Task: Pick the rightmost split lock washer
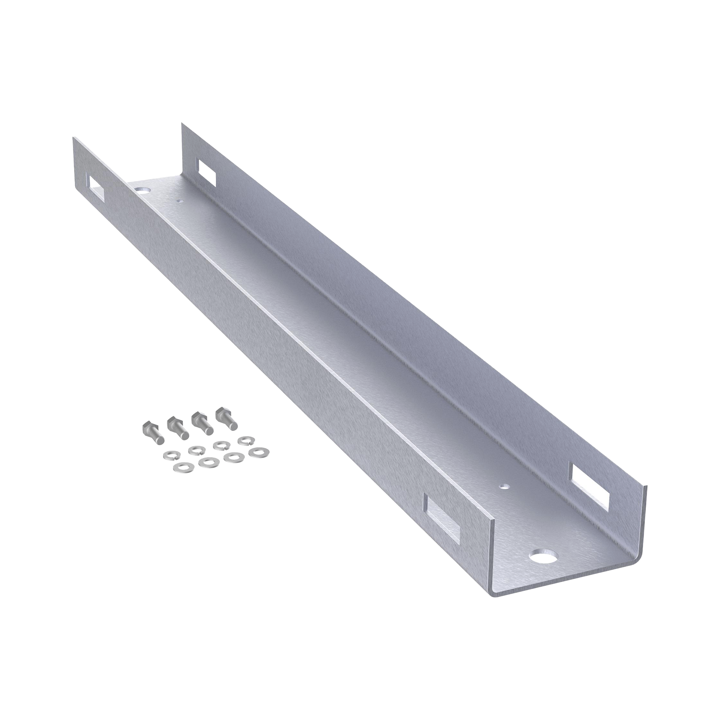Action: point(245,441)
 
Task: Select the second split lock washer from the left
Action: point(194,451)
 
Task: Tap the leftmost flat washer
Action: point(181,467)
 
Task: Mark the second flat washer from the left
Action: point(207,463)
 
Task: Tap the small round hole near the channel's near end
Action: point(504,487)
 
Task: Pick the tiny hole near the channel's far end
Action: point(180,200)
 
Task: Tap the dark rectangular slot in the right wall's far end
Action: point(207,172)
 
